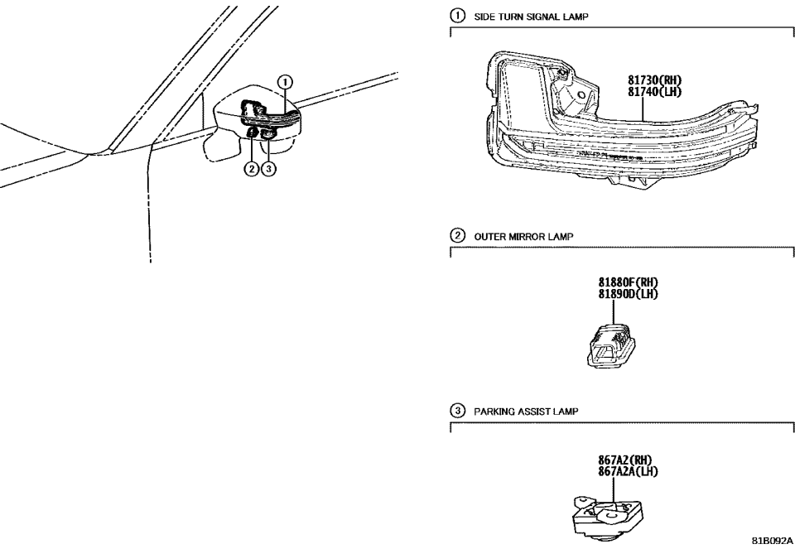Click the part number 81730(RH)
pos(653,81)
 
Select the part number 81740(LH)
pos(653,92)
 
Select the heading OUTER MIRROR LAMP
pos(518,236)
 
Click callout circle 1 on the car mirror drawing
pos(284,82)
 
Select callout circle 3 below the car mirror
pos(267,171)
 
